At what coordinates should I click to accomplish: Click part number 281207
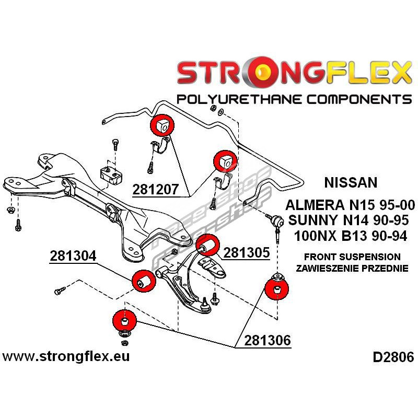tap(157, 189)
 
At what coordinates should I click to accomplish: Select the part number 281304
tap(73, 257)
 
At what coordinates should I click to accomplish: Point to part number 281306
tap(267, 340)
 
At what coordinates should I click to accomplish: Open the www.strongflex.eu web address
tap(66, 357)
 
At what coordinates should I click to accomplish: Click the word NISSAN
tap(351, 183)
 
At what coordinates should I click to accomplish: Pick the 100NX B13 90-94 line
tap(353, 235)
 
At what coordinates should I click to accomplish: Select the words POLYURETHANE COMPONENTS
tap(294, 99)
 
